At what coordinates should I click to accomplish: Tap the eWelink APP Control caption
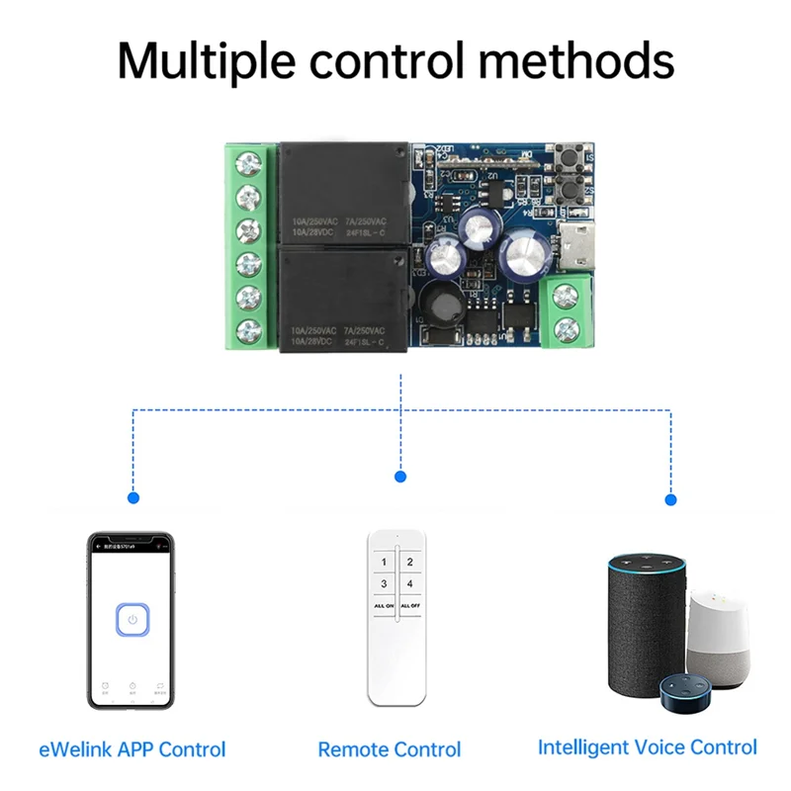click(x=132, y=749)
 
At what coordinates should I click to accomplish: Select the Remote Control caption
click(x=390, y=749)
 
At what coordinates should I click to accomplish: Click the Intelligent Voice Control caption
click(x=648, y=747)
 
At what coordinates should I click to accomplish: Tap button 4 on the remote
click(x=409, y=583)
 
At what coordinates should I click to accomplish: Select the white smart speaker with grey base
click(x=720, y=638)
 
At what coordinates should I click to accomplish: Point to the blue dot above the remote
click(x=400, y=477)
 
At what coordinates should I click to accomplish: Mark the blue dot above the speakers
click(x=671, y=499)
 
